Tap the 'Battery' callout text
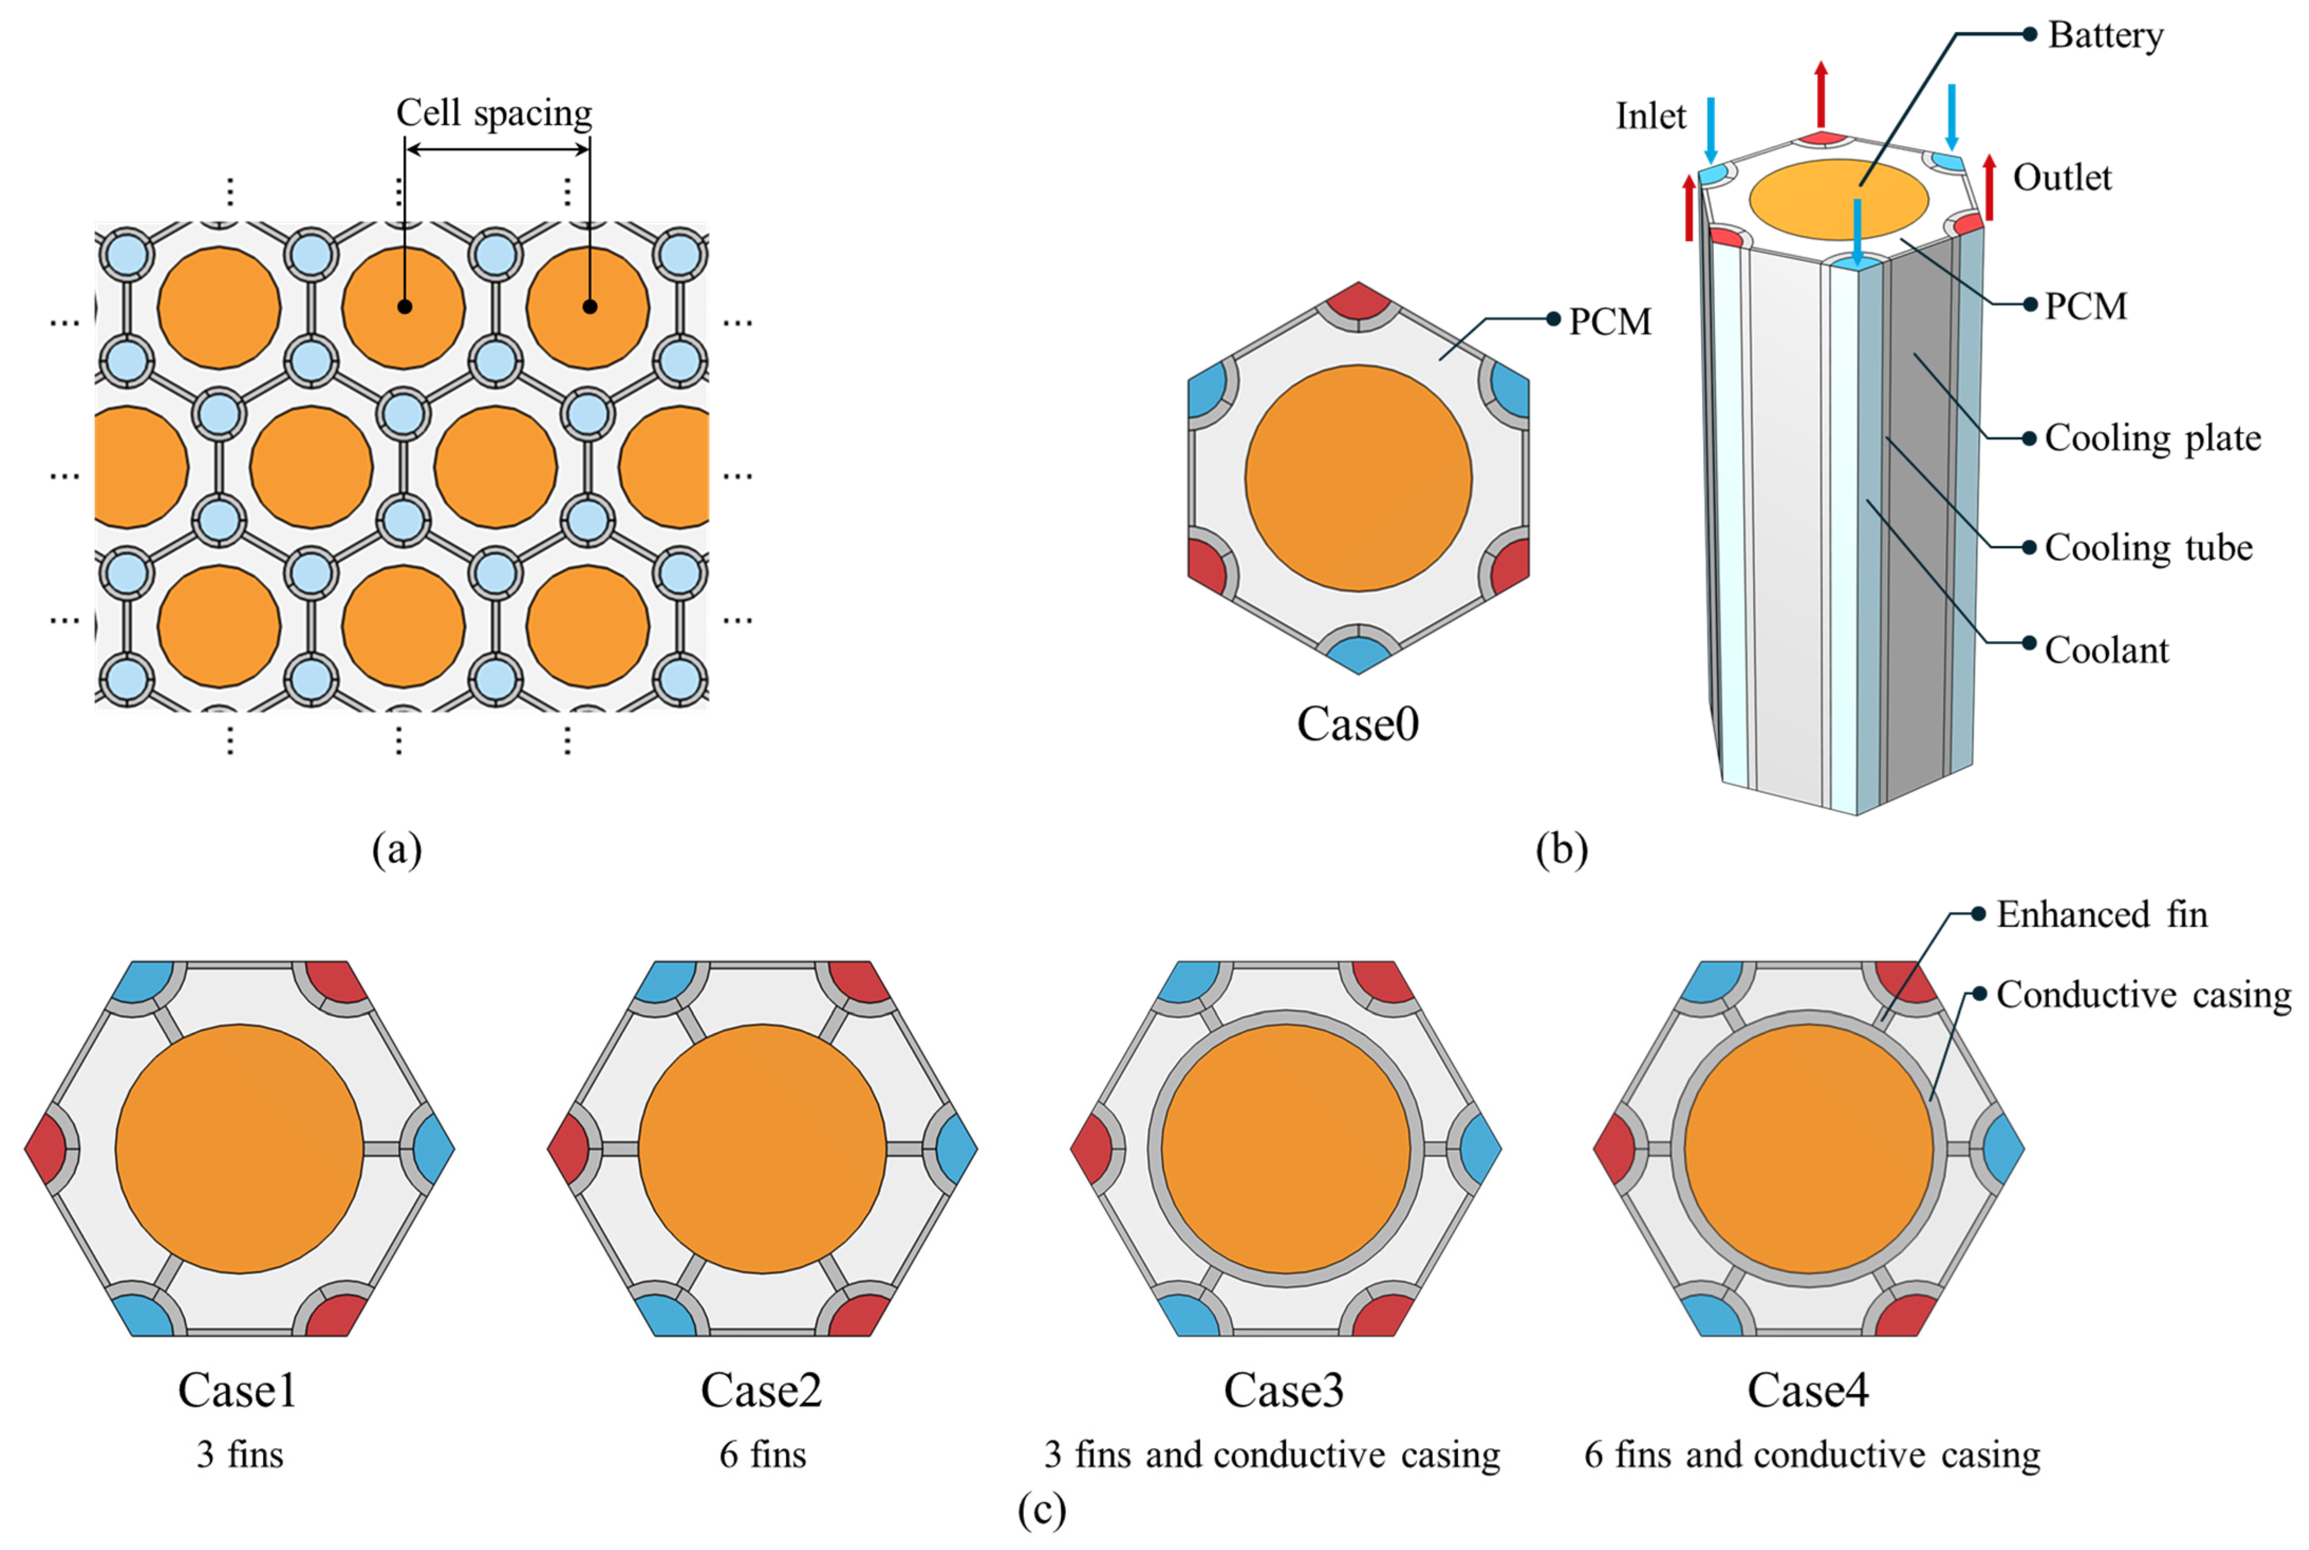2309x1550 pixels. pos(2105,35)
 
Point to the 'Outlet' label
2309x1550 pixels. pos(2062,178)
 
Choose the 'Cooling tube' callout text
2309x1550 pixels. pos(2148,548)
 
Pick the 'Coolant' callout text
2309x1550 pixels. pos(2106,651)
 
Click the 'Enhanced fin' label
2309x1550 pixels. pos(2101,914)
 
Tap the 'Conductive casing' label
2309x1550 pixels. pos(2143,994)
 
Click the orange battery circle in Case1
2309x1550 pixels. pos(239,1149)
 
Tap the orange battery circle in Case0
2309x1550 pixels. pos(1358,478)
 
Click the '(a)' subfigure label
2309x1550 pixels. pos(397,849)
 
